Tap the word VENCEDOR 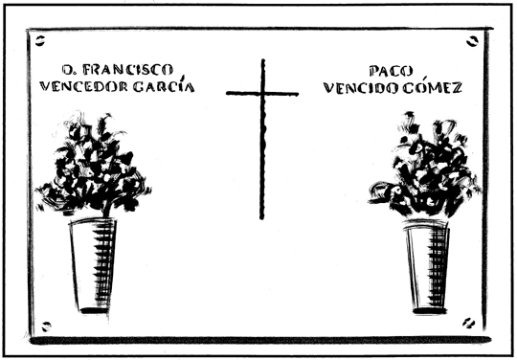click(x=80, y=86)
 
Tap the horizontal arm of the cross click(x=262, y=93)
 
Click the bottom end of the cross click(x=260, y=215)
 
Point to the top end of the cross click(x=262, y=62)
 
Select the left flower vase click(x=94, y=262)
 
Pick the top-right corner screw click(x=472, y=41)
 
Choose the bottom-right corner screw click(x=469, y=323)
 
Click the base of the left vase click(x=94, y=308)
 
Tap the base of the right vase click(x=427, y=309)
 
